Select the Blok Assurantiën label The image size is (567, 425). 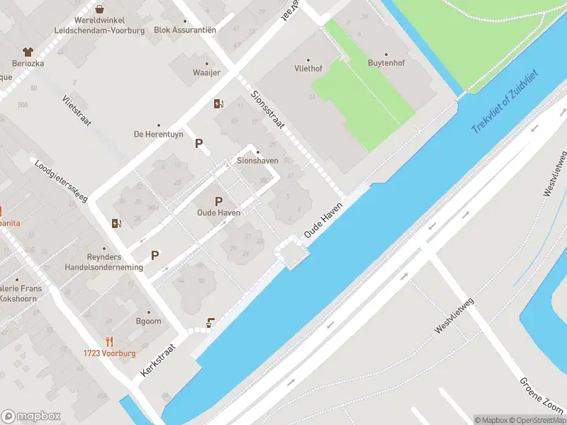tap(185, 30)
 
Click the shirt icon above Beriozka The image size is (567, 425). tap(28, 52)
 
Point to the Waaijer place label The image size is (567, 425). tap(207, 73)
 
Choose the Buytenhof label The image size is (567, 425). tap(386, 64)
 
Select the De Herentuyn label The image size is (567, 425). tap(158, 134)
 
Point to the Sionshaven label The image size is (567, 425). tap(257, 161)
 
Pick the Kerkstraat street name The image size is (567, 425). tap(157, 359)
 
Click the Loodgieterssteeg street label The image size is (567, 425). tap(60, 180)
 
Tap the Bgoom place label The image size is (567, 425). tap(149, 321)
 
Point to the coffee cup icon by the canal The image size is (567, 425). tap(210, 324)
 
